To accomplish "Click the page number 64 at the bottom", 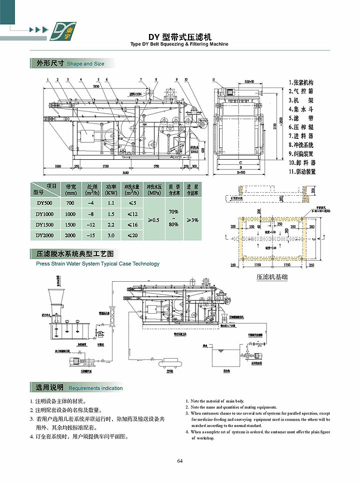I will click(x=179, y=460).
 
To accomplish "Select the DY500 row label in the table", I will click(x=44, y=203).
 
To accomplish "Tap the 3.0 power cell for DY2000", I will click(x=110, y=235).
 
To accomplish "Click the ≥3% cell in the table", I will click(x=192, y=219).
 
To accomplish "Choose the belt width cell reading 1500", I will click(x=70, y=225).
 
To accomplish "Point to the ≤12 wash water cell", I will click(x=132, y=214).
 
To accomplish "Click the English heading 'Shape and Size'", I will click(x=85, y=64).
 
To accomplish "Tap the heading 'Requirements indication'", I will click(x=95, y=388).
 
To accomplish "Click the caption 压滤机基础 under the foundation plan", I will click(x=272, y=276).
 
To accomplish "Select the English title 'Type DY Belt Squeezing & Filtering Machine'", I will click(x=179, y=44).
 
